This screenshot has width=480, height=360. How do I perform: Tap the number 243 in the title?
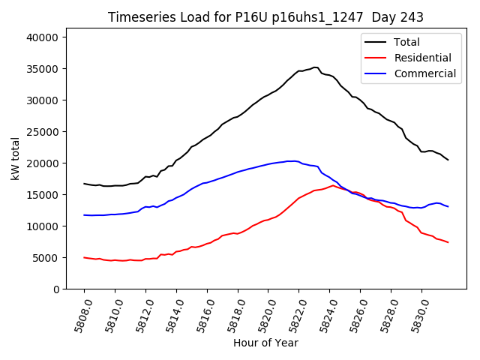coord(412,17)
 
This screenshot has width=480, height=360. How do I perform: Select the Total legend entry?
coord(406,43)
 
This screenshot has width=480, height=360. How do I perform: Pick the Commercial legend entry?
coord(424,73)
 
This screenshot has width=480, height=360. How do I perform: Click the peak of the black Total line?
coord(315,67)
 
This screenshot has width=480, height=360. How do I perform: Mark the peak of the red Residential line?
coord(333,185)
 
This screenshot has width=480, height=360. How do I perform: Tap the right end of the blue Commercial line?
coord(448,206)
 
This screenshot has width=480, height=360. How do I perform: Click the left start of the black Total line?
coord(84,183)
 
